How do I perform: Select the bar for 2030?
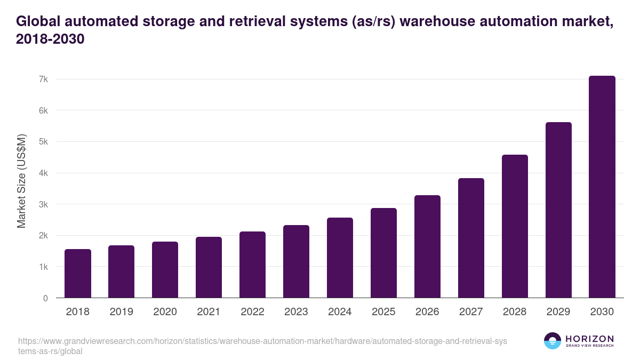(602, 187)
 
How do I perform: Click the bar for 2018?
(78, 274)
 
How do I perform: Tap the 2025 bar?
(384, 253)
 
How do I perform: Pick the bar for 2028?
(515, 226)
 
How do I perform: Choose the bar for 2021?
(209, 267)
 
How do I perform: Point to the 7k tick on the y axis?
(44, 79)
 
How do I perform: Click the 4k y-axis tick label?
(44, 173)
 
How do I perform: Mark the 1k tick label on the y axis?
(44, 267)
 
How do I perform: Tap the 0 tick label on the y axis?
(45, 298)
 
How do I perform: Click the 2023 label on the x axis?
(296, 312)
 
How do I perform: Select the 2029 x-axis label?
(558, 312)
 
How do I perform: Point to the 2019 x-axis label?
(121, 312)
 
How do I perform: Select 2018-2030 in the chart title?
(51, 39)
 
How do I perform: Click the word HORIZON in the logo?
(589, 339)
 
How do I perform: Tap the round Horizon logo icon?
(553, 341)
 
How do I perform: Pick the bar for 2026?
(427, 246)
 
